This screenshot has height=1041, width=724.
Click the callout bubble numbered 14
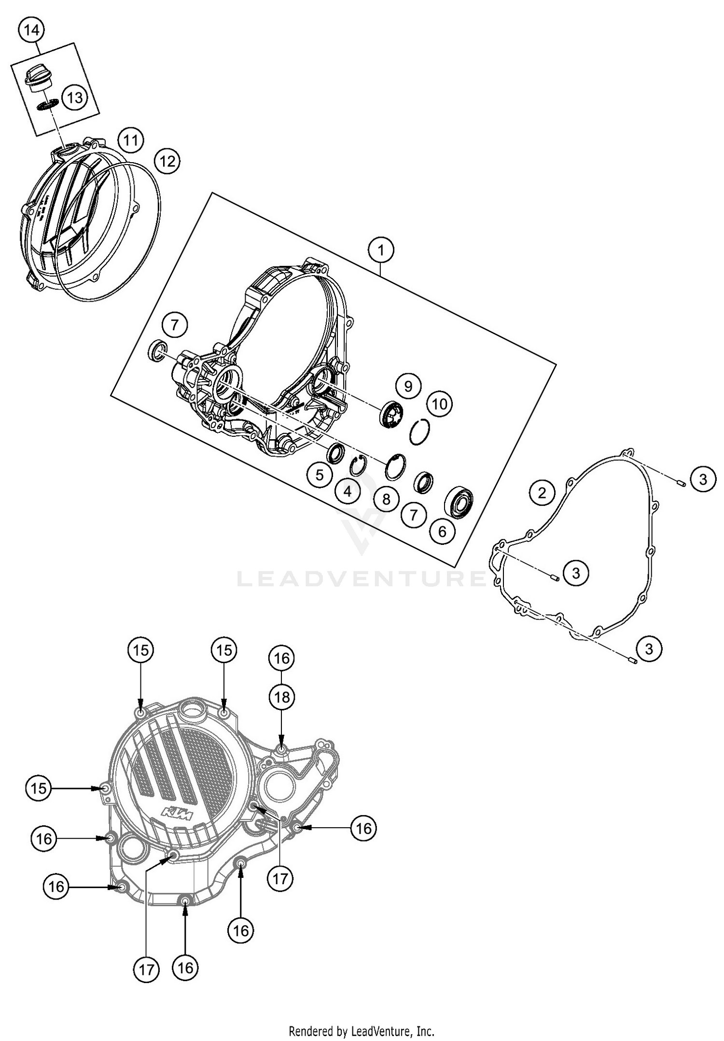click(31, 30)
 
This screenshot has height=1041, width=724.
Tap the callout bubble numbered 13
click(74, 98)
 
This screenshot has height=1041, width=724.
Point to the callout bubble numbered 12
click(167, 161)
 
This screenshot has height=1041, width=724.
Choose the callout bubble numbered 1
click(381, 250)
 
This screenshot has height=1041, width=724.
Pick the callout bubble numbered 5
click(320, 475)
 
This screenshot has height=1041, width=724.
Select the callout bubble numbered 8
click(386, 499)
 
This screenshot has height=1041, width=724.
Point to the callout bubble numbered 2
click(542, 492)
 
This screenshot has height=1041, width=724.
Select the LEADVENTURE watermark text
click(361, 578)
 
